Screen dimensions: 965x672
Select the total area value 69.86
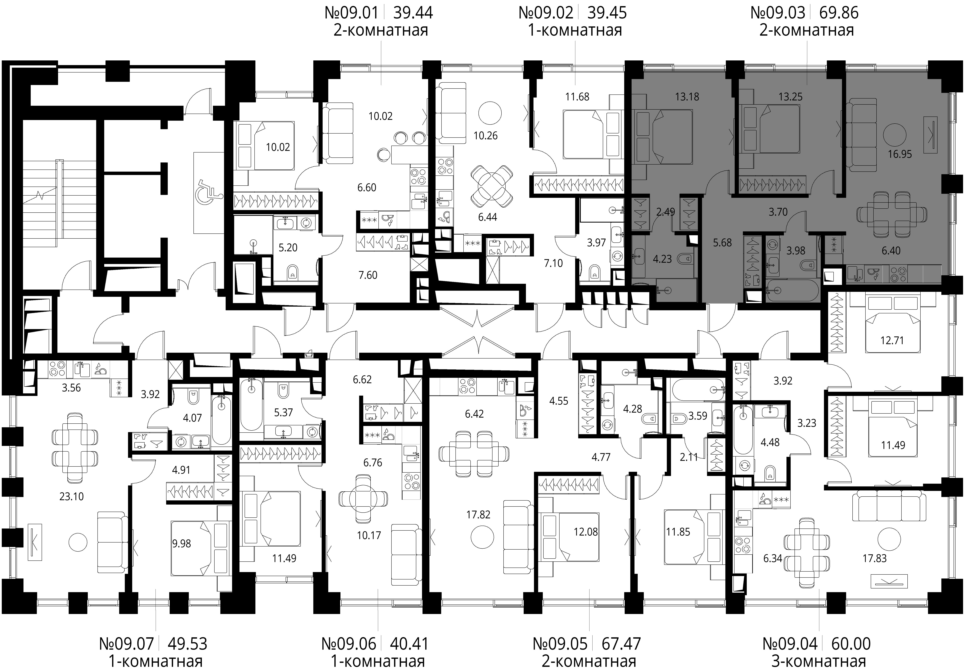pos(839,13)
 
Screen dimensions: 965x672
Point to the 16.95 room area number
pos(900,154)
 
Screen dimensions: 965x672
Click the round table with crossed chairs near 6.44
pos(492,186)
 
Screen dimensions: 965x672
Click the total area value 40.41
pos(409,643)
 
